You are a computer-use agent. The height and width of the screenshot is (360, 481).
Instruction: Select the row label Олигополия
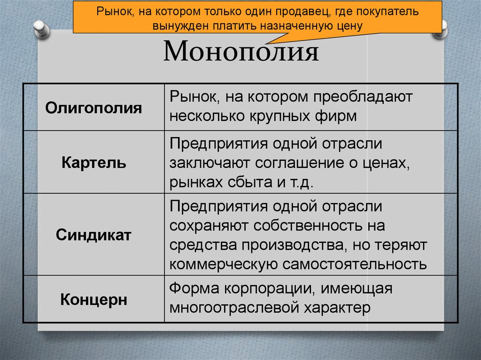[93, 108]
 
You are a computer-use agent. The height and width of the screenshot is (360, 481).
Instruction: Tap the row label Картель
[93, 163]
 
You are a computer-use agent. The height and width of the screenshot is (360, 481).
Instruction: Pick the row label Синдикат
[93, 235]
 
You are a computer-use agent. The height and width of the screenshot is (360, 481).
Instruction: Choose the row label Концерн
[93, 299]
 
